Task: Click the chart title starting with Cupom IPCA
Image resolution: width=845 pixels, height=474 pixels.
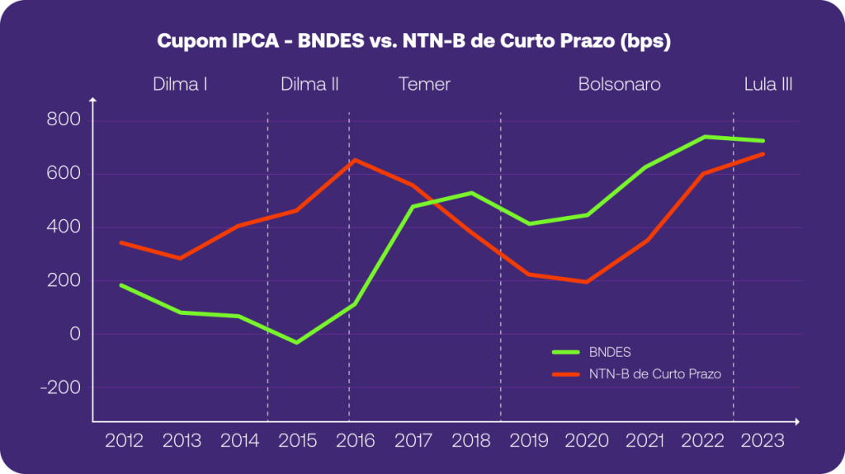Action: coord(413,41)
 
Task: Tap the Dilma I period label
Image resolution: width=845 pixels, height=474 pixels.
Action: coord(180,84)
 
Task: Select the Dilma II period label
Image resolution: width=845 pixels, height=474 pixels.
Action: coord(309,84)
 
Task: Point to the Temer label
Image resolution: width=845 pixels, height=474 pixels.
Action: coord(424,84)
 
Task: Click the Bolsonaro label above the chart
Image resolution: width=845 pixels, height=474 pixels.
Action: coord(619,84)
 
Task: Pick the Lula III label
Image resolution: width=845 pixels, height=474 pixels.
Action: coord(768,84)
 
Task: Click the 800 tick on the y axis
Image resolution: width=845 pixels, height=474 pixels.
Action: coord(64,120)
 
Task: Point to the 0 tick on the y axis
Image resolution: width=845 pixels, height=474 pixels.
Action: coord(75,334)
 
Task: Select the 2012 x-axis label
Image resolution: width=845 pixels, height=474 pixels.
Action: coord(124,440)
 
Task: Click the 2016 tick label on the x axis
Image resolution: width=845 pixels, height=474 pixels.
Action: coord(356,440)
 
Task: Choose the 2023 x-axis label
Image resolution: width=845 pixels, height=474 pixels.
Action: coord(762,440)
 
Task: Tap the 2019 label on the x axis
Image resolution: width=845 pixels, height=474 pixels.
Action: coord(529,440)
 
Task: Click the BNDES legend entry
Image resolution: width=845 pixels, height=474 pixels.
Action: coord(611,352)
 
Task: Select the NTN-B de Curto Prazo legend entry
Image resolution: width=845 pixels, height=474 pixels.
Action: coord(655,373)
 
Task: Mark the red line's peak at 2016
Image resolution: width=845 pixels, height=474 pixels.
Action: coord(355,160)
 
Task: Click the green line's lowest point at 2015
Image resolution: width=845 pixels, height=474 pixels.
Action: coord(297,342)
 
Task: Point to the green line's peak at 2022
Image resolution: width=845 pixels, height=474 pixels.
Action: coord(705,137)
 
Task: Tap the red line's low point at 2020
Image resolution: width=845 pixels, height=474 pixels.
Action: coord(586,282)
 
